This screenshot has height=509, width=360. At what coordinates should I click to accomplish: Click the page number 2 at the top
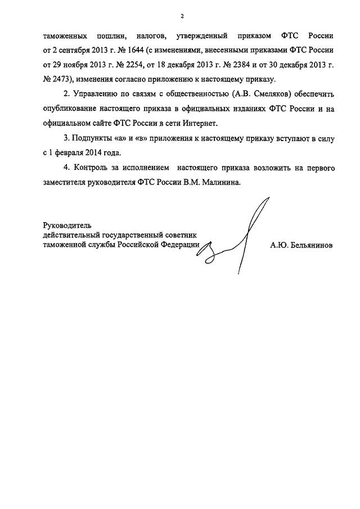point(182,17)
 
